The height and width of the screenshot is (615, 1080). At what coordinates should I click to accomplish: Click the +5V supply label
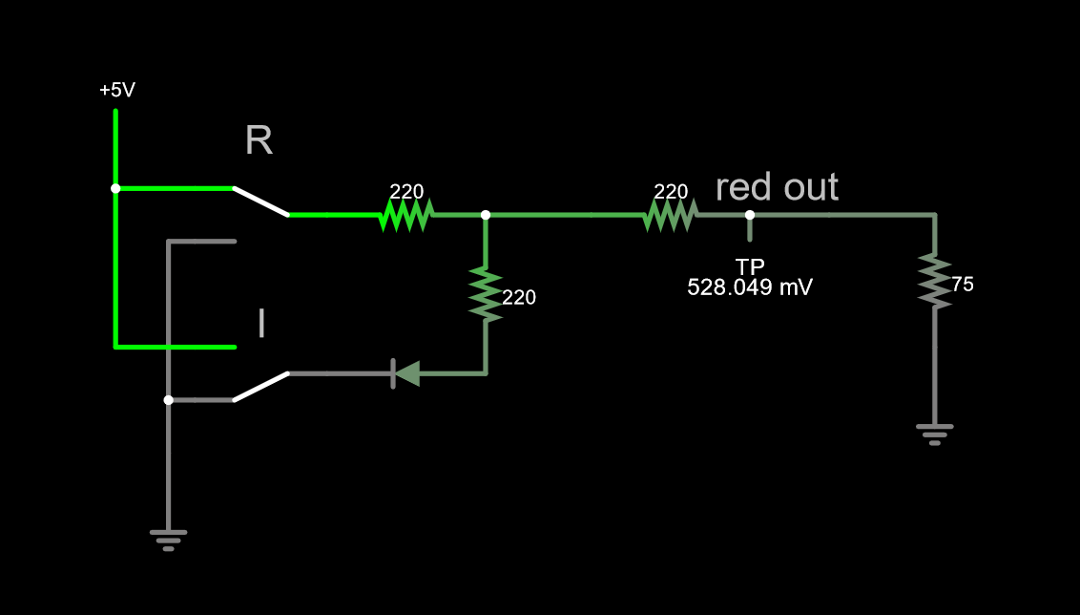(x=117, y=91)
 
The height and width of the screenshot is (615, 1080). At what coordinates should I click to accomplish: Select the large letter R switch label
(x=259, y=141)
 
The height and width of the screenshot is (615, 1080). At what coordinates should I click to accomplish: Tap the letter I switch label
(x=261, y=324)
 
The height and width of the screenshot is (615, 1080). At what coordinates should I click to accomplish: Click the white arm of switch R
(x=260, y=201)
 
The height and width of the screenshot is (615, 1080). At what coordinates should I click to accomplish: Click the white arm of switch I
(x=260, y=387)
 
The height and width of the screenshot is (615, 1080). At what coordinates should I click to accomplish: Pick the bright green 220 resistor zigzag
(x=407, y=215)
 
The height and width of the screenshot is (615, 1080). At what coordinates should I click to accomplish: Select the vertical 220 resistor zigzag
(x=486, y=294)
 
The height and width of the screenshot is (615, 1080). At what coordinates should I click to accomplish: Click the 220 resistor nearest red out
(x=671, y=215)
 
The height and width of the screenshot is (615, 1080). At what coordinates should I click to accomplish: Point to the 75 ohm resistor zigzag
(x=935, y=281)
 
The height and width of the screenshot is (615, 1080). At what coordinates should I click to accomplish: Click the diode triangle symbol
(x=407, y=373)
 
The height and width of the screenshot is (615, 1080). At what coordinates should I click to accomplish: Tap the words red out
(x=777, y=187)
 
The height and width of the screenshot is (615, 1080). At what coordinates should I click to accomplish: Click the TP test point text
(x=750, y=266)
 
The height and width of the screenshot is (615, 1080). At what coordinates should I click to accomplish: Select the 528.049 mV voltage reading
(x=750, y=287)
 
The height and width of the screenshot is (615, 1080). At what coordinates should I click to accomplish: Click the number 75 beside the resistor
(x=963, y=284)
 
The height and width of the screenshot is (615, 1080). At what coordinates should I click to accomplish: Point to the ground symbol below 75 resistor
(x=935, y=435)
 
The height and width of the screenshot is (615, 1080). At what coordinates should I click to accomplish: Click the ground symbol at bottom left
(x=168, y=540)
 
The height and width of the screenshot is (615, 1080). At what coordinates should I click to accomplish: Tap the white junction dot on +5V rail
(x=115, y=188)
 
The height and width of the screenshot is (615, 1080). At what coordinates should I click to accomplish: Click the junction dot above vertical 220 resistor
(x=486, y=215)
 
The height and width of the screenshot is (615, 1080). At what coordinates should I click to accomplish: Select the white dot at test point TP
(x=750, y=215)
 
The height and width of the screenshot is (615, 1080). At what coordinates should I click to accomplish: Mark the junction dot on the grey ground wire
(x=168, y=400)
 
